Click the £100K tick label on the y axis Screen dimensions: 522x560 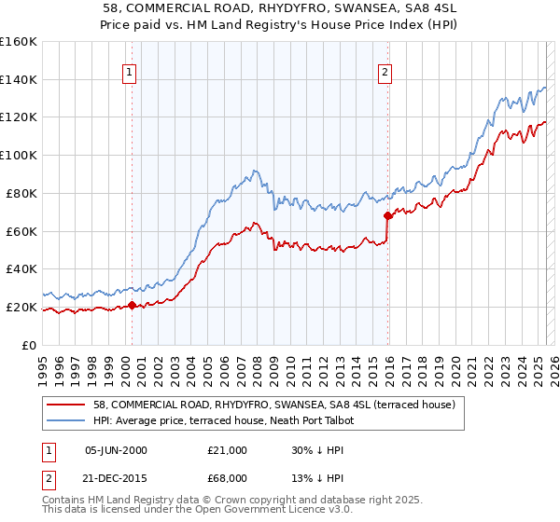(18, 155)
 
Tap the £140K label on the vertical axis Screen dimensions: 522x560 (18, 79)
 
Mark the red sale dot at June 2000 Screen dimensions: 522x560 (132, 305)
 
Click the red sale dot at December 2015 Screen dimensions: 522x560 (388, 215)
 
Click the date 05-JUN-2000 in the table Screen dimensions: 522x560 (116, 450)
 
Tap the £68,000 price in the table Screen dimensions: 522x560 (228, 477)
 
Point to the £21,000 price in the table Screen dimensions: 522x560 (228, 450)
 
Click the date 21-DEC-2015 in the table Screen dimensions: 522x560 (116, 477)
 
